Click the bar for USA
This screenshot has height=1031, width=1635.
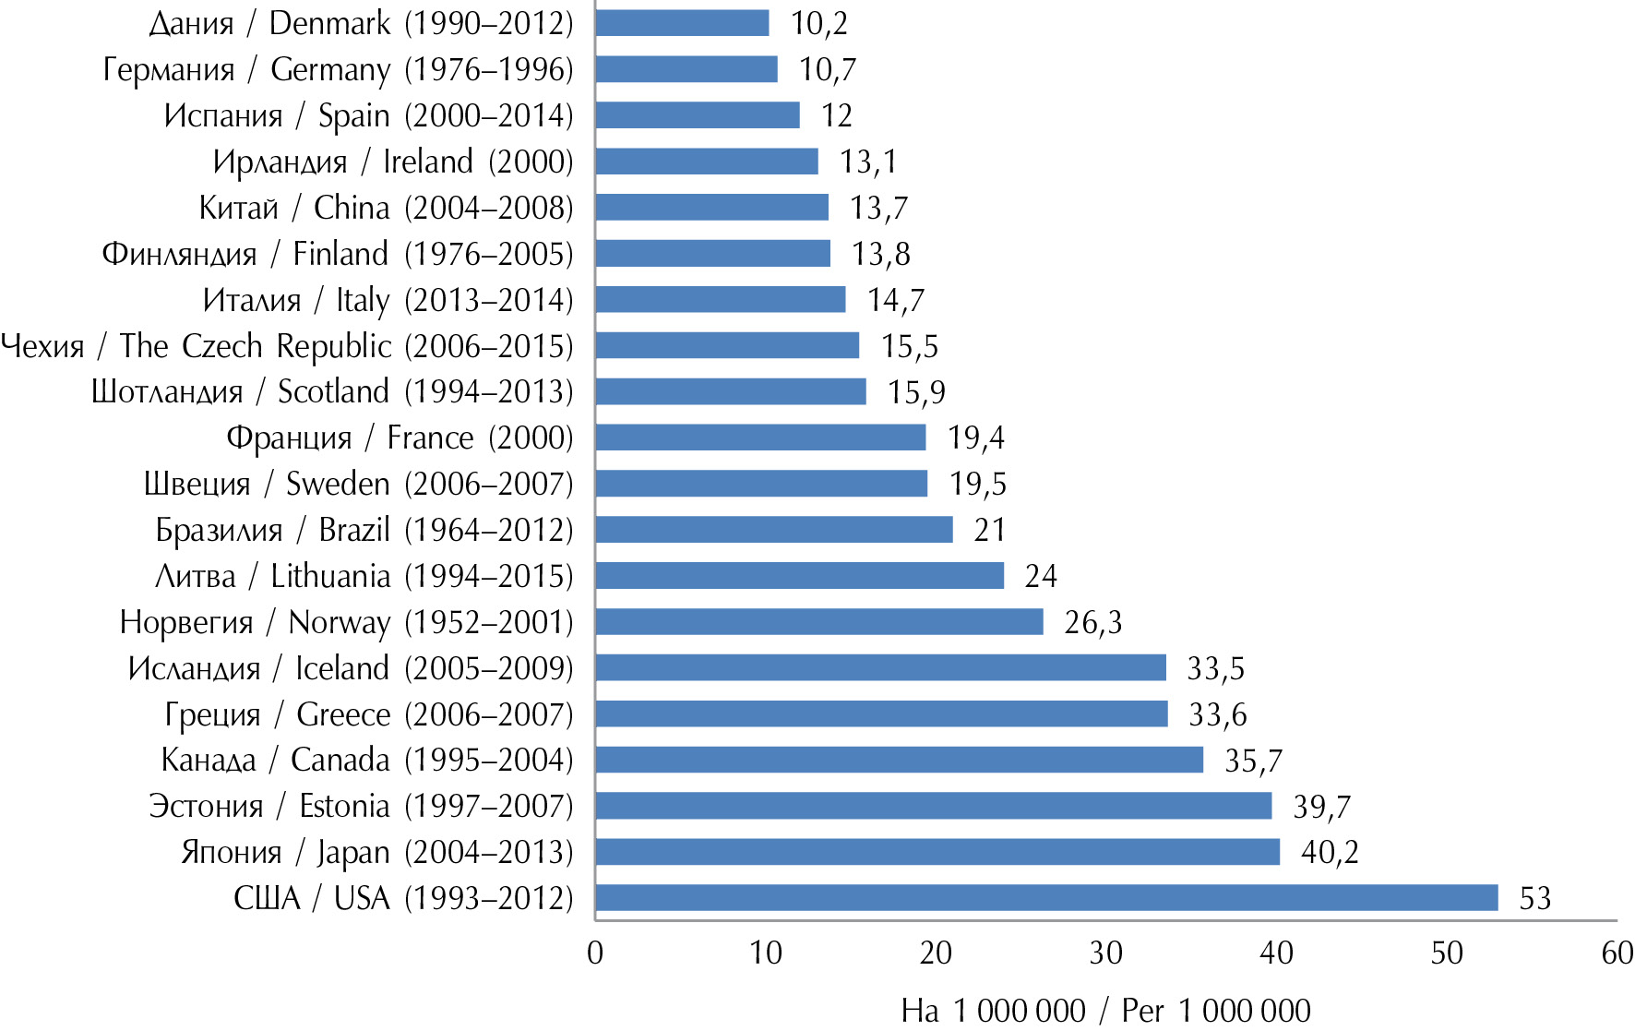[x=1046, y=898]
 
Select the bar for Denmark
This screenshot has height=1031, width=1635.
[x=682, y=23]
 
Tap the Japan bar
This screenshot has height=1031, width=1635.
[x=937, y=852]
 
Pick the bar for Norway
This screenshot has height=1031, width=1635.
[x=819, y=622]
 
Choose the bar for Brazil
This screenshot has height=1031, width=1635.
[x=774, y=530]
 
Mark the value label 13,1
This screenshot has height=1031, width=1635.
[x=868, y=162]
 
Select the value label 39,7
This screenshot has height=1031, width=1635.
[x=1321, y=807]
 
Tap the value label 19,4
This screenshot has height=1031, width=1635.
[x=976, y=438]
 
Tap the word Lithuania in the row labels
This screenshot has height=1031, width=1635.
[x=330, y=577]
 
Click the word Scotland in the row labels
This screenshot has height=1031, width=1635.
[x=333, y=392]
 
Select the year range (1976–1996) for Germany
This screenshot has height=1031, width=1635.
[x=489, y=70]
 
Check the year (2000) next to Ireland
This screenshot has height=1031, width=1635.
[x=531, y=162]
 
